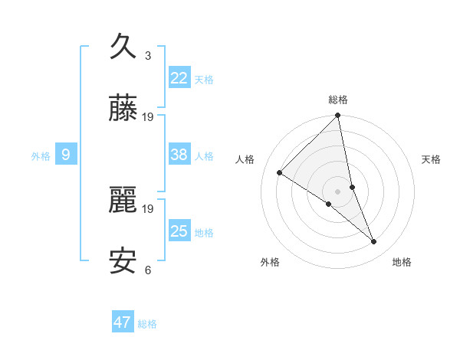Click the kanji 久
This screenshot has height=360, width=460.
123,47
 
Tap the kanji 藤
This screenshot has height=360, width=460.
123,110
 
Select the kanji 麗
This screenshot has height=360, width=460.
123,201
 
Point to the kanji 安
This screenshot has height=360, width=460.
123,262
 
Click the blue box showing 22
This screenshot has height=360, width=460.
179,77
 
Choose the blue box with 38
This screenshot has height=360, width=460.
179,155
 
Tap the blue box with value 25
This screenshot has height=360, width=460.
179,231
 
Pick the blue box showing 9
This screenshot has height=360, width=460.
66,155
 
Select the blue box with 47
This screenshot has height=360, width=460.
123,322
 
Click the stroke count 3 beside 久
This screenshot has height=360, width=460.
148,55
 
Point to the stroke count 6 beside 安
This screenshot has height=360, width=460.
148,270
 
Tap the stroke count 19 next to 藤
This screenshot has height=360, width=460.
148,117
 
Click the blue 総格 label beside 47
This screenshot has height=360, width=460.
147,324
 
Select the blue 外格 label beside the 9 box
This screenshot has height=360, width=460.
41,156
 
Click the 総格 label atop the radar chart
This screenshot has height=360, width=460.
338,100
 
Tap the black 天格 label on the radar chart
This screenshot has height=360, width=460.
432,159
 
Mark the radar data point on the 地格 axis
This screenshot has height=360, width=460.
374,242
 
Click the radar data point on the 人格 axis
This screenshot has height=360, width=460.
280,173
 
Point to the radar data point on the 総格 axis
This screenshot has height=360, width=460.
338,116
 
